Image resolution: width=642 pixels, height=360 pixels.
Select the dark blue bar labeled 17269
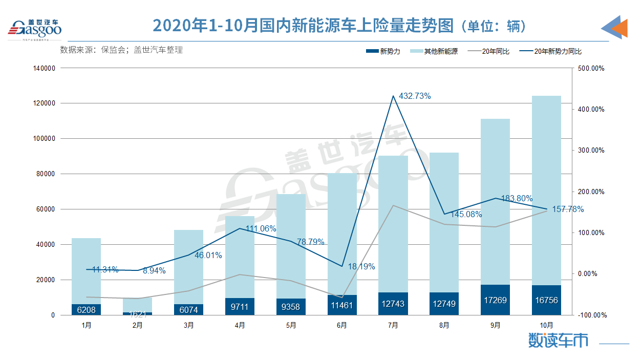pyautogui.click(x=495, y=300)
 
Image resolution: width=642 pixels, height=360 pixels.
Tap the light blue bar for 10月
pyautogui.click(x=546, y=189)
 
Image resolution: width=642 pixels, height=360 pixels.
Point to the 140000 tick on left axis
pyautogui.click(x=46, y=68)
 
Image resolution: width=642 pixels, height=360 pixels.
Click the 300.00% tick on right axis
pyautogui.click(x=591, y=151)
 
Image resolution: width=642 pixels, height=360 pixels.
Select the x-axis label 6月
pyautogui.click(x=342, y=325)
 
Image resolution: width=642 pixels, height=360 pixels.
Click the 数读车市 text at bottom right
pyautogui.click(x=558, y=341)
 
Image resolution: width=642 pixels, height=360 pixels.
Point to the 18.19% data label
pyautogui.click(x=361, y=266)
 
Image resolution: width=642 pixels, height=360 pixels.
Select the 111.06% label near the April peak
pyautogui.click(x=261, y=228)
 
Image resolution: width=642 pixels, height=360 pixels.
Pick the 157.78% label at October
pyautogui.click(x=567, y=209)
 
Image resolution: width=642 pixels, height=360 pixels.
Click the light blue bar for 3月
pyautogui.click(x=188, y=266)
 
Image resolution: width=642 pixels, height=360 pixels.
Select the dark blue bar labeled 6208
pyautogui.click(x=86, y=310)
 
